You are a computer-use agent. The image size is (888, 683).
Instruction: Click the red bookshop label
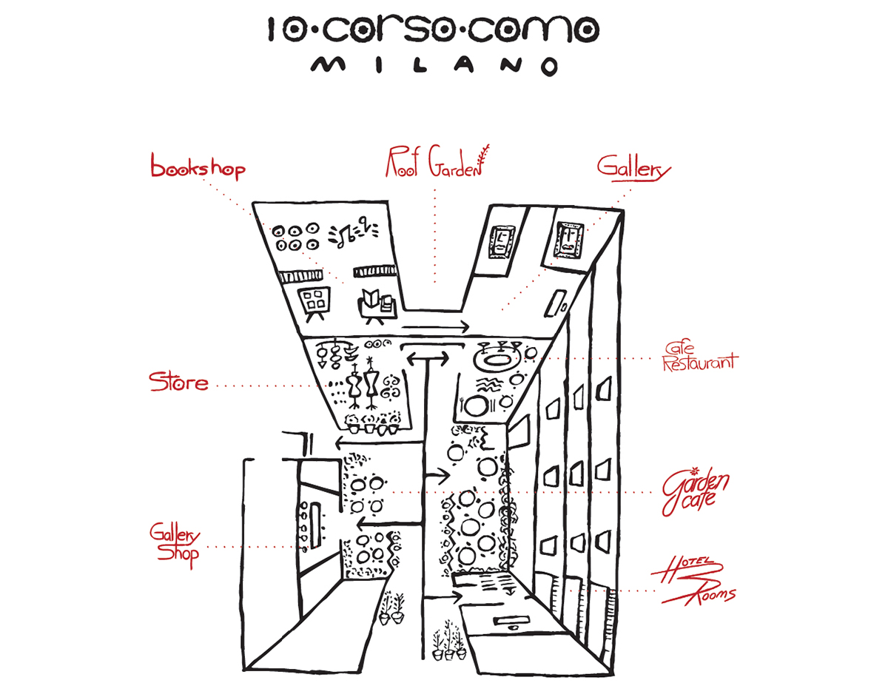coord(198,167)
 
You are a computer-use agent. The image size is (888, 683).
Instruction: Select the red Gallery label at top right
coord(633,168)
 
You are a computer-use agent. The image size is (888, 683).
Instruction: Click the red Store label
coord(178,383)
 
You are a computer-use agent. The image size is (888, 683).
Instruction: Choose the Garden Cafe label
coord(696,492)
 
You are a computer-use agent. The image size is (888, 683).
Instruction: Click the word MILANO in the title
coord(434,66)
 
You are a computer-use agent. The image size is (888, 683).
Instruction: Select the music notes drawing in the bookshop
coord(352,232)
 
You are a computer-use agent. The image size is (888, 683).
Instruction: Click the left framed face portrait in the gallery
coord(501,240)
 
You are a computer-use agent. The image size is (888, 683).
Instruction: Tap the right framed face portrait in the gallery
coord(567,240)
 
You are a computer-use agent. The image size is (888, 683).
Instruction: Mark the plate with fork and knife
coord(477,406)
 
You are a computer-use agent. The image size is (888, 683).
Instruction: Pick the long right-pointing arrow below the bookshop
coord(434,326)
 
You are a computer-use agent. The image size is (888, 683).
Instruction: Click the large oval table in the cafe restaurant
coord(494,361)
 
